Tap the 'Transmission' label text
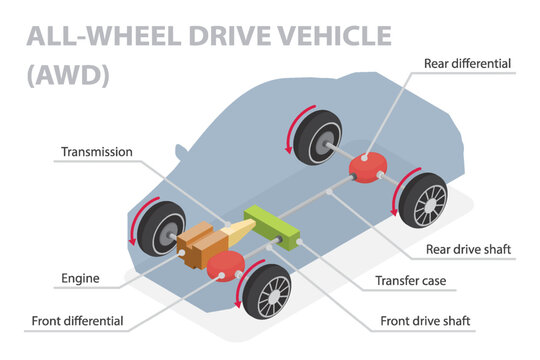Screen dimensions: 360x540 tap(98, 152)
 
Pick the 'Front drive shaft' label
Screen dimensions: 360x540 tap(428, 322)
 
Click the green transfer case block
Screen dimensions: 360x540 tap(271, 226)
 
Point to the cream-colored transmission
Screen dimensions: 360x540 tap(237, 233)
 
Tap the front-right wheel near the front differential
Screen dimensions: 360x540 tap(266, 292)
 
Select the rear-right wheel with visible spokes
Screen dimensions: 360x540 tap(422, 200)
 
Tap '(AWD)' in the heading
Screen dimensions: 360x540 tap(68, 74)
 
